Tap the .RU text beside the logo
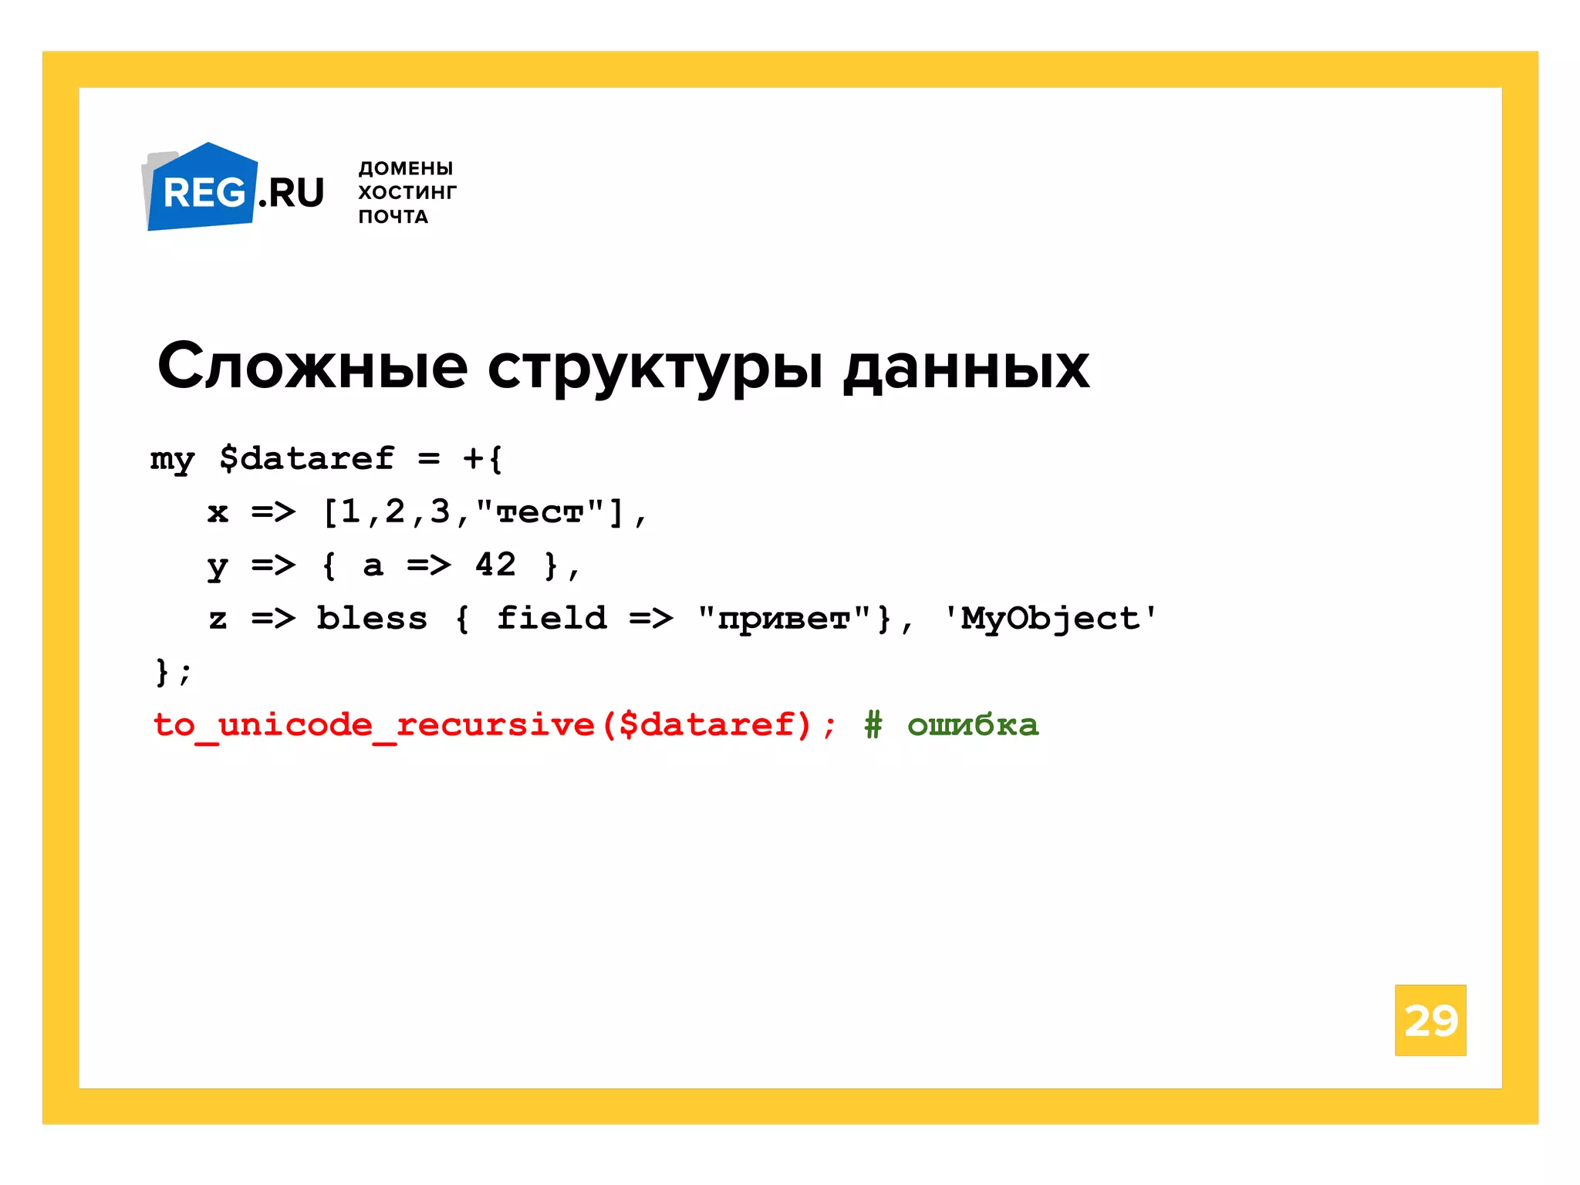[292, 193]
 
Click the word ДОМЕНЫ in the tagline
[406, 168]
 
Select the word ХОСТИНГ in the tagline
[407, 192]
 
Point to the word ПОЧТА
[393, 217]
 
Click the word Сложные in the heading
[312, 366]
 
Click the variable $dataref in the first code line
[306, 458]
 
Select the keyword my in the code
[172, 460]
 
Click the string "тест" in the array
[540, 511]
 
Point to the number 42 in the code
[495, 565]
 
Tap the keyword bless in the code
[372, 618]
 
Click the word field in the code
[552, 618]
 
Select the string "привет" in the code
[784, 618]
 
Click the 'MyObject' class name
[1050, 618]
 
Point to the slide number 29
[1430, 1020]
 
